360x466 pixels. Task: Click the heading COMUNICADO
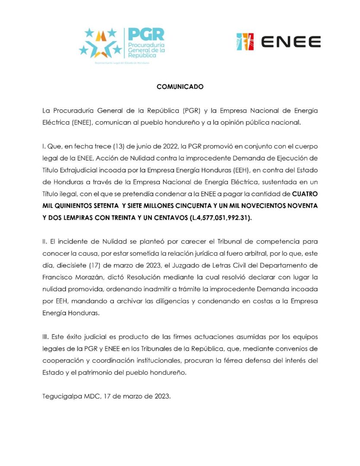180,87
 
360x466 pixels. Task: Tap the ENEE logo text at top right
291,42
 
